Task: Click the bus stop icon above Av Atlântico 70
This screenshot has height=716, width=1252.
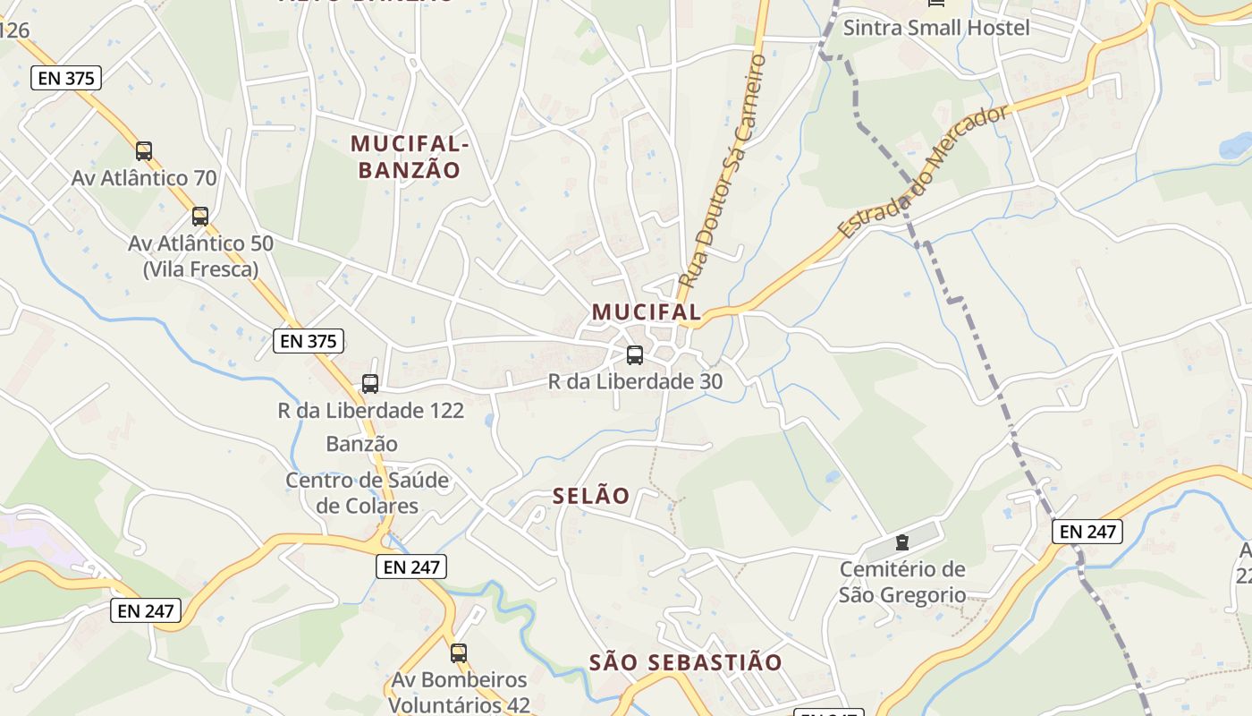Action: point(144,151)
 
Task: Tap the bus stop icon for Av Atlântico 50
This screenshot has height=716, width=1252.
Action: point(200,217)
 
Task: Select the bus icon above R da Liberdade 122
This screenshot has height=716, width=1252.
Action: point(370,384)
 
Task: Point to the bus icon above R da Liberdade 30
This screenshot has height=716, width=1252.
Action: point(635,355)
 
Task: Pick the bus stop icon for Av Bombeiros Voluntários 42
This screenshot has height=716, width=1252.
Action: point(459,653)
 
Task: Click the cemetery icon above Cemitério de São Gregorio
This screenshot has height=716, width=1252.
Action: point(901,542)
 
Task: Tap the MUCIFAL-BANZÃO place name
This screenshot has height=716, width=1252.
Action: point(410,157)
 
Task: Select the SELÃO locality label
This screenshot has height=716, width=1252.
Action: point(591,496)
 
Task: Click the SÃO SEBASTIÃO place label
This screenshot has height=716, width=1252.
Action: point(686,663)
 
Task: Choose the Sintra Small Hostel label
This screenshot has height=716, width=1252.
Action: point(936,28)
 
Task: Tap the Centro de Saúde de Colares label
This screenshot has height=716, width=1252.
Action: point(368,493)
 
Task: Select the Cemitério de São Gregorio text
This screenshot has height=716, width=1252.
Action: point(902,582)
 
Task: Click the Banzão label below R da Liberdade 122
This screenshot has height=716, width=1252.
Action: point(361,444)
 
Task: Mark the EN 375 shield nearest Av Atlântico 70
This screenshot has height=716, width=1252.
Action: point(66,78)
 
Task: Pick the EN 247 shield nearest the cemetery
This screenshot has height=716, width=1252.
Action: point(1087,532)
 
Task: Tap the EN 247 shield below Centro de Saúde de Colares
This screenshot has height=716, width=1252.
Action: point(410,567)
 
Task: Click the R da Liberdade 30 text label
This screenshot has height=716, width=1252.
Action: point(635,382)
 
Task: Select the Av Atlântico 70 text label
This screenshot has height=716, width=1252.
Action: point(144,178)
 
